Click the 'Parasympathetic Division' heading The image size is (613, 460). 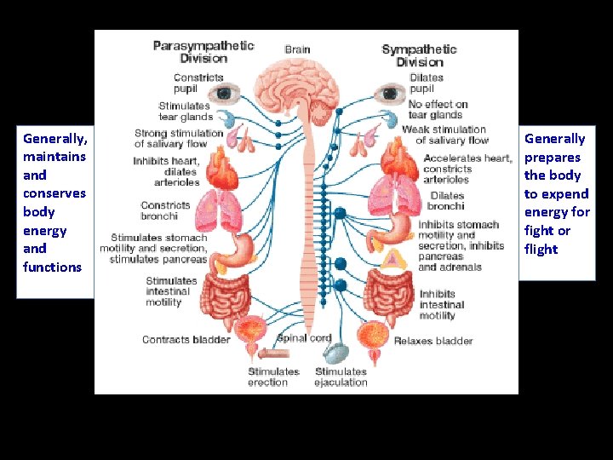pyautogui.click(x=203, y=52)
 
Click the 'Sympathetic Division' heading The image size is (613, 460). pyautogui.click(x=419, y=55)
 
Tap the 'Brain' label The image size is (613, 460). pyautogui.click(x=297, y=49)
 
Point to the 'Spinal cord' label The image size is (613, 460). pyautogui.click(x=304, y=338)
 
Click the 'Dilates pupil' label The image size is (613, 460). pyautogui.click(x=426, y=83)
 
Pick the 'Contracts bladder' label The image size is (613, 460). pyautogui.click(x=186, y=340)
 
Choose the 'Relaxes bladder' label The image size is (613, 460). pyautogui.click(x=433, y=341)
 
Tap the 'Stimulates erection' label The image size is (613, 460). pyautogui.click(x=273, y=377)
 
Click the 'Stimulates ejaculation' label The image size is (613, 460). pyautogui.click(x=341, y=377)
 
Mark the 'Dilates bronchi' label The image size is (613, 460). pyautogui.click(x=447, y=200)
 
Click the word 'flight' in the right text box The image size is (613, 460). pyautogui.click(x=541, y=249)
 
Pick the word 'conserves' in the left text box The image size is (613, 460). pyautogui.click(x=54, y=193)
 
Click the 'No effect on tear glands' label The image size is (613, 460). pyautogui.click(x=438, y=110)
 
